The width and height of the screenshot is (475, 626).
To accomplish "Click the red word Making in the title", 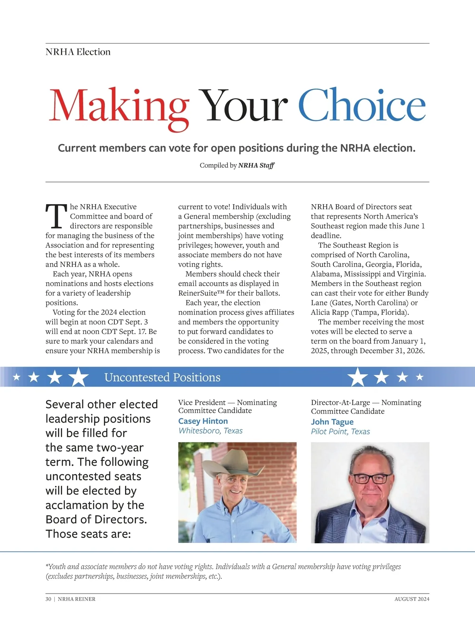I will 119,106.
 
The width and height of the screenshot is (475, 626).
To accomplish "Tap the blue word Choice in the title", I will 361,104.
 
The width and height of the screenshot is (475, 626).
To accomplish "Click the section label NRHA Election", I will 78,52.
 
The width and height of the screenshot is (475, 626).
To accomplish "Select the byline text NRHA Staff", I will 256,165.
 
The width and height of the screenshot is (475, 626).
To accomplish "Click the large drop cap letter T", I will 56,216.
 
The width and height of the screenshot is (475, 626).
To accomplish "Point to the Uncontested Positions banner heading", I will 162,377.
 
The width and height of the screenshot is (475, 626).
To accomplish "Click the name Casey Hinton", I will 203,421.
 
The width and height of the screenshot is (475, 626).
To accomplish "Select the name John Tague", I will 332,422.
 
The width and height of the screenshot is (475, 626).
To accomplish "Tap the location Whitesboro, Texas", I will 211,431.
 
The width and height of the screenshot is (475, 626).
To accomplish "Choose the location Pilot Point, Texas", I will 340,431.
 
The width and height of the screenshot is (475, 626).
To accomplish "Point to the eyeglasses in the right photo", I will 372,478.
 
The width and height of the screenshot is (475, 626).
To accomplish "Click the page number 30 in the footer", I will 48,599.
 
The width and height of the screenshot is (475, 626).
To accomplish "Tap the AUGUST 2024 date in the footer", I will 412,599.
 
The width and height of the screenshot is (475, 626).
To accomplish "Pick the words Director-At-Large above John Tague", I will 340,402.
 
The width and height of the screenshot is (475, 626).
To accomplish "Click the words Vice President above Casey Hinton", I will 202,402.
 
